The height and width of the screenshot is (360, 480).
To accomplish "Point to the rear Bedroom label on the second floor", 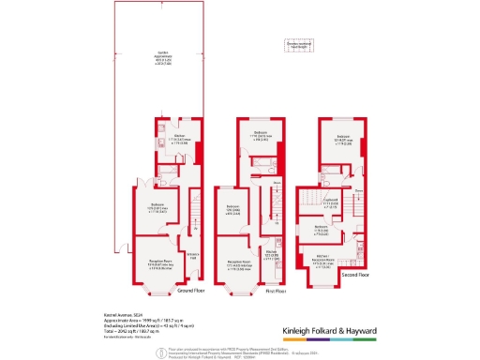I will pos(343,142).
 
